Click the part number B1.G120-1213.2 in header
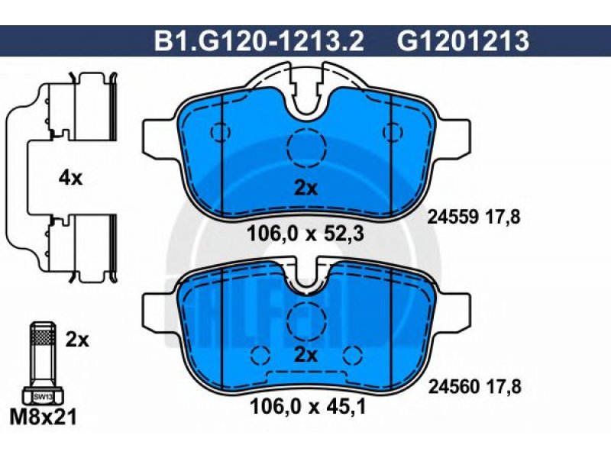(x=259, y=41)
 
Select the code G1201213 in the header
(x=463, y=41)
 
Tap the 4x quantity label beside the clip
(x=70, y=179)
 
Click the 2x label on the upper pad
(x=305, y=189)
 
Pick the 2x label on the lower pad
(x=305, y=355)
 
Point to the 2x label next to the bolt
(x=77, y=340)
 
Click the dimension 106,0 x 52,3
(x=305, y=234)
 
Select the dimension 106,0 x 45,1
(x=308, y=407)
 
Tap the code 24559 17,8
(x=474, y=217)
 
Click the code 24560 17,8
(x=474, y=387)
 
